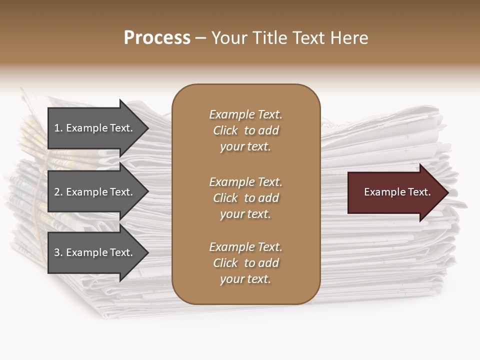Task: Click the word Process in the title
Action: click(157, 38)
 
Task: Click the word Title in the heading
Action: click(268, 38)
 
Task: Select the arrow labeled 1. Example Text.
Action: click(95, 128)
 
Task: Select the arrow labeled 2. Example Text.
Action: click(95, 192)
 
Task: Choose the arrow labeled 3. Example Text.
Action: click(95, 252)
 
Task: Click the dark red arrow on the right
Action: click(395, 192)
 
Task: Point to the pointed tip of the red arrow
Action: click(447, 192)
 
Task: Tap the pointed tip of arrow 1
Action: click(147, 128)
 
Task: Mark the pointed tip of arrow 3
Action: click(147, 252)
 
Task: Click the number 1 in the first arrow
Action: click(57, 128)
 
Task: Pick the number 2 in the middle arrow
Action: click(57, 192)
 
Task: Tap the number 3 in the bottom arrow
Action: click(57, 252)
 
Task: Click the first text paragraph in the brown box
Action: click(245, 130)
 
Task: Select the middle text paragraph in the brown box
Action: click(245, 198)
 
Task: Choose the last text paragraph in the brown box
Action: click(245, 263)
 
